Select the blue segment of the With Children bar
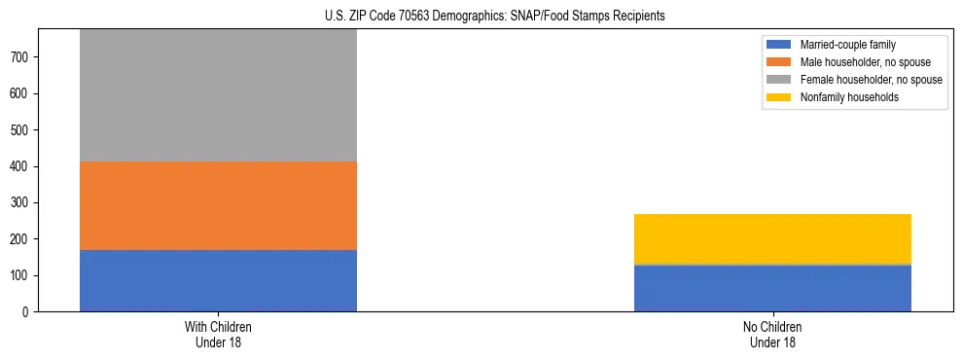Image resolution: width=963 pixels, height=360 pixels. [218, 280]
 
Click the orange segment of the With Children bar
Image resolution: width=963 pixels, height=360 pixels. [218, 205]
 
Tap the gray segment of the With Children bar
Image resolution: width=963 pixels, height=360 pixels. [218, 95]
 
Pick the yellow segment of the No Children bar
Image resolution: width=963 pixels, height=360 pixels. [772, 238]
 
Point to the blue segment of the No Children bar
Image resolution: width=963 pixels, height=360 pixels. [772, 288]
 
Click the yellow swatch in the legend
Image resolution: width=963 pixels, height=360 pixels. [780, 97]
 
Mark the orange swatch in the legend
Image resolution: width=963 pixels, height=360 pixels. [780, 62]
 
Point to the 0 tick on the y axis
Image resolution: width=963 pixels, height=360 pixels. [27, 311]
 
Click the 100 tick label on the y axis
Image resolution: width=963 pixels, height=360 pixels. [21, 275]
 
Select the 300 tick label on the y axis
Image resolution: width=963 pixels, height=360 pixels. [21, 202]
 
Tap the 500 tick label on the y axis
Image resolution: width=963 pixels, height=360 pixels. [21, 130]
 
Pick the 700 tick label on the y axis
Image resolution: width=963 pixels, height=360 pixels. [21, 57]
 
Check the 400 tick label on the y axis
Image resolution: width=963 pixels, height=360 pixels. [21, 166]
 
